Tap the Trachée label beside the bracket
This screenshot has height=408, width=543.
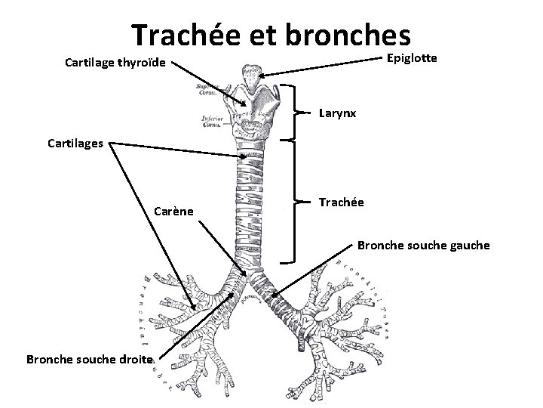tap(342, 202)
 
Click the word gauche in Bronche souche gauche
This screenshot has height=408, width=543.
tap(467, 246)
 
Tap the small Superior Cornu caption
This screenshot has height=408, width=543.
tap(208, 90)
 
